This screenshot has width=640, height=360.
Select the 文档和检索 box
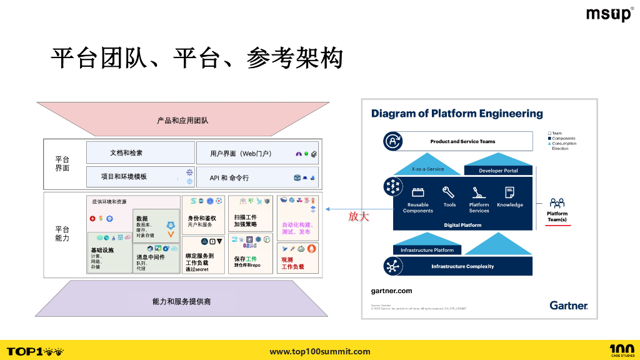coord(140,152)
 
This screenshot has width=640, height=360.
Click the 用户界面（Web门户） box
coord(257,153)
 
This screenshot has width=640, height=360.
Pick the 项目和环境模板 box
coord(140,177)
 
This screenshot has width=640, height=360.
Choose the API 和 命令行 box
coord(257,177)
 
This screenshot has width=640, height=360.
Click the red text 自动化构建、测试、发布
coord(297,228)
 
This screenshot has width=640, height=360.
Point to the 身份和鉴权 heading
coord(202,218)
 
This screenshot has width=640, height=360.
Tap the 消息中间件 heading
coord(151,257)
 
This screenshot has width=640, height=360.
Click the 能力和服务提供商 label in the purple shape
coord(182,301)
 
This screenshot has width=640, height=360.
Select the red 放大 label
coord(359,217)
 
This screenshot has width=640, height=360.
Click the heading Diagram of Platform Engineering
coord(457,114)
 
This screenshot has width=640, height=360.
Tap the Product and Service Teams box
coord(462,141)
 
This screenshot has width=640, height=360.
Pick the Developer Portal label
coord(498,171)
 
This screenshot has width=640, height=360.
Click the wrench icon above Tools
coord(449,192)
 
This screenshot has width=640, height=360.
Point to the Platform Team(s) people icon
coord(557,203)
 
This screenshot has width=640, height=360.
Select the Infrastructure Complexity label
coord(462,266)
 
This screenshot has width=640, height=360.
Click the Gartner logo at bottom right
coord(569,305)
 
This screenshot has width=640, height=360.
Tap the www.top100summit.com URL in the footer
coord(320,351)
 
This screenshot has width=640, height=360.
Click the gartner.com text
coord(391,291)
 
